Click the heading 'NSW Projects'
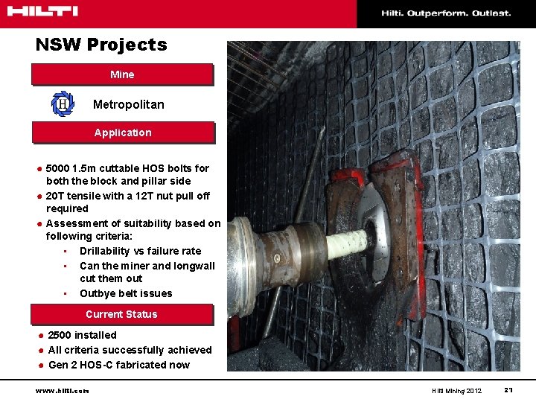click(x=101, y=45)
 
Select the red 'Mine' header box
click(x=122, y=74)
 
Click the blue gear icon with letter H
click(x=63, y=104)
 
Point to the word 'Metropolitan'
click(x=128, y=105)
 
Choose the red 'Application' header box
click(x=122, y=133)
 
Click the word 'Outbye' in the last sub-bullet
click(x=97, y=293)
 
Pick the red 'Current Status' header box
click(x=121, y=314)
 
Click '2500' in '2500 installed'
click(x=60, y=335)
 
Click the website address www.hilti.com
click(x=63, y=391)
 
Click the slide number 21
click(x=508, y=390)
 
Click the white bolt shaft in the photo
click(x=347, y=241)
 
